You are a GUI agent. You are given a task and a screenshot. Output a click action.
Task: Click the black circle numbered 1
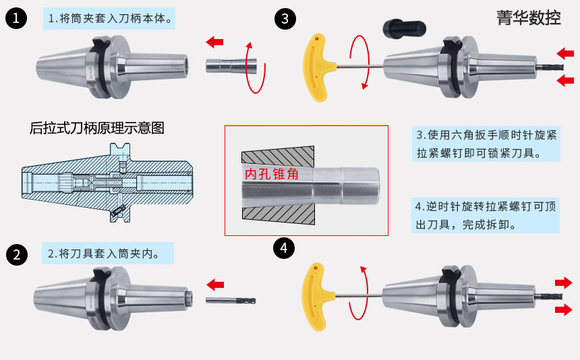point(16,19)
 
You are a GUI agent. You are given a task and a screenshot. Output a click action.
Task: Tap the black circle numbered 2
point(16,255)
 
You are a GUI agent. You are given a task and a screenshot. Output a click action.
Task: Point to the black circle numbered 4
point(284,248)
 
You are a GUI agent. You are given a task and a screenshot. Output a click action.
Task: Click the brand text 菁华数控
point(528,18)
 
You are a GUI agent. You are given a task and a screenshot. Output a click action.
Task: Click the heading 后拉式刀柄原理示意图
point(97,127)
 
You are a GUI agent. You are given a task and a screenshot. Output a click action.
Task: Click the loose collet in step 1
point(231,65)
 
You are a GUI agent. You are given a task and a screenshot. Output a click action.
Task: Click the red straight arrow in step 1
point(214,42)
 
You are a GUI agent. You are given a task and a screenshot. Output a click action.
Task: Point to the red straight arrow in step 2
point(215,283)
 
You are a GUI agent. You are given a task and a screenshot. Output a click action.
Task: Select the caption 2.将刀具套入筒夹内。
point(108,254)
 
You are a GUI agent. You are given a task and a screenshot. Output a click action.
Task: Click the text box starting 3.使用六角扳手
point(486,144)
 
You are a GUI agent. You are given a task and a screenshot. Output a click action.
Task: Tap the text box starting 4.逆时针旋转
point(486,214)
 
